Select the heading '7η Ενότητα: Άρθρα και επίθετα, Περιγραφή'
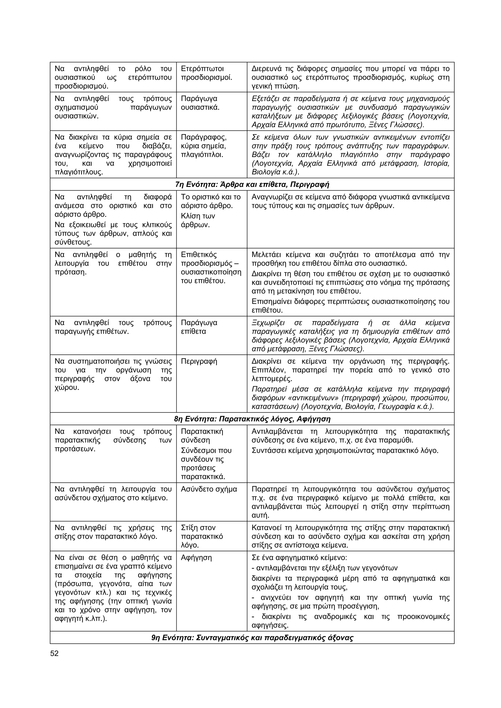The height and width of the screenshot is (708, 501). pyautogui.click(x=252, y=184)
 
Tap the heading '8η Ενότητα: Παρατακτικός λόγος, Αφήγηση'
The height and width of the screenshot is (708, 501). pyautogui.click(x=252, y=419)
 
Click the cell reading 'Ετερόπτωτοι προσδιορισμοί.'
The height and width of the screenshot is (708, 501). pyautogui.click(x=206, y=73)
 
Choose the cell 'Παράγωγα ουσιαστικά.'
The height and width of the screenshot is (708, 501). pyautogui.click(x=200, y=103)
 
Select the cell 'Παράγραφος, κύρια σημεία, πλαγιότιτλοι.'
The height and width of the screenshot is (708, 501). pyautogui.click(x=204, y=146)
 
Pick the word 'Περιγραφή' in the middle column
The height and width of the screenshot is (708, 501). pyautogui.click(x=199, y=361)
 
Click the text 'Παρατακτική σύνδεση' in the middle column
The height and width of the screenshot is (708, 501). pyautogui.click(x=202, y=436)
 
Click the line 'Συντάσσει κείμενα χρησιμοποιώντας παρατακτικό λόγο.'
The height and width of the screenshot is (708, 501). pyautogui.click(x=345, y=451)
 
